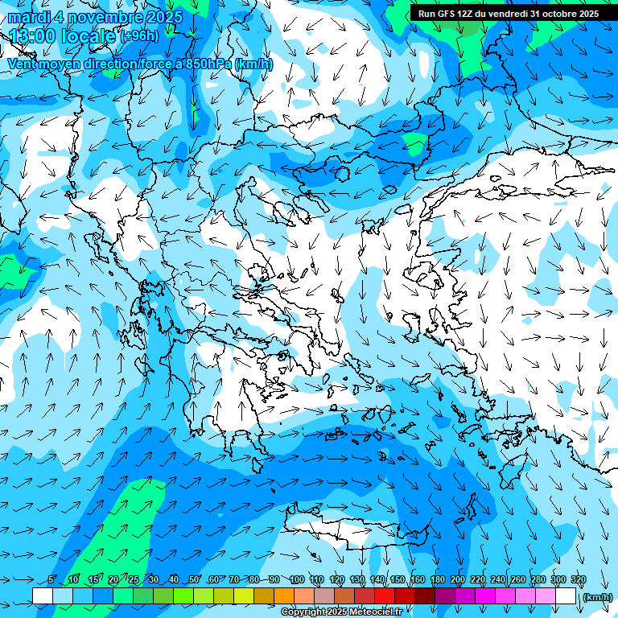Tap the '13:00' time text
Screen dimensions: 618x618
click(x=31, y=36)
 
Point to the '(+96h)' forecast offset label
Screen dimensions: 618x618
click(x=139, y=36)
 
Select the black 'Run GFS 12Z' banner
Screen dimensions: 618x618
click(x=507, y=14)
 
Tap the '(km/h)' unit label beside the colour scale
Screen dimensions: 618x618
click(x=596, y=597)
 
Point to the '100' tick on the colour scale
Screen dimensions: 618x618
click(x=297, y=580)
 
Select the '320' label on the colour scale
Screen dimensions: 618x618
click(x=578, y=580)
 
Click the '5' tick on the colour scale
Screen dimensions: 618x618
click(x=51, y=580)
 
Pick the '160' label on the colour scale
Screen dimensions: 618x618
click(x=418, y=580)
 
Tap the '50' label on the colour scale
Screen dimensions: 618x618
click(x=194, y=580)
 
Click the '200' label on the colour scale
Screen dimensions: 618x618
click(x=458, y=580)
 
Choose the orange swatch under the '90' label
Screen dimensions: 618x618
click(x=285, y=596)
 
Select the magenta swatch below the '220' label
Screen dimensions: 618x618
click(x=486, y=596)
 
